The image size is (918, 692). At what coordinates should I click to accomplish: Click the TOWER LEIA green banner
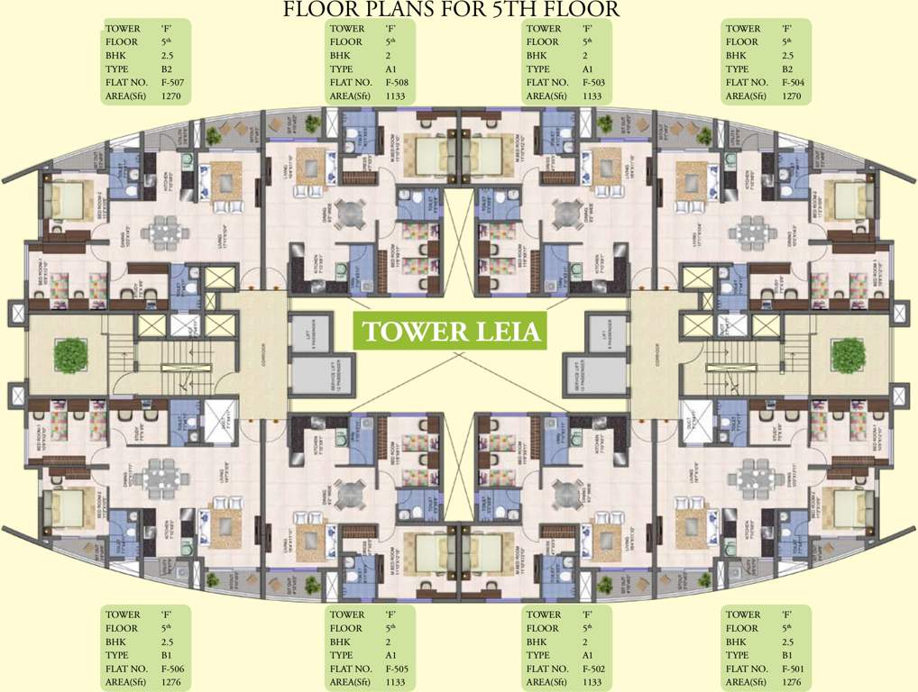pos(452,332)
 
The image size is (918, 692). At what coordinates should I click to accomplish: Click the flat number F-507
pos(174,82)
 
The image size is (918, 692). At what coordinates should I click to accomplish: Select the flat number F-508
pos(398,82)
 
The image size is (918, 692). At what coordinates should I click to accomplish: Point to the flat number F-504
pos(794,82)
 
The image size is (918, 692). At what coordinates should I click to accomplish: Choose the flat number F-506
pos(174,669)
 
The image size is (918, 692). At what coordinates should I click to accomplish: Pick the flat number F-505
pos(398,669)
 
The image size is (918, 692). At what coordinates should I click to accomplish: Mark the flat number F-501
pos(794,669)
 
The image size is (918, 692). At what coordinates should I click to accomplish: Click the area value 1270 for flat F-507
pos(171,96)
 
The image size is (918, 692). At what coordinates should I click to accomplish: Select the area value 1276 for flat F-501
pos(792,682)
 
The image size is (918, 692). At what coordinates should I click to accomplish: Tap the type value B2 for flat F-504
pos(787,68)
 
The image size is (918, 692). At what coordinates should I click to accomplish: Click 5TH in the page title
pos(508,10)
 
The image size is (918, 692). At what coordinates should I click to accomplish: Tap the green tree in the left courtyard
pos(69,354)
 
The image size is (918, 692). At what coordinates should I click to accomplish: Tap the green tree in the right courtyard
pos(848,354)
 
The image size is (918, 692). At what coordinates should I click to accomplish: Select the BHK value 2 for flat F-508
pos(389,55)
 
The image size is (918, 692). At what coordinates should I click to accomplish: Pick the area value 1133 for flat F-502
pos(592,682)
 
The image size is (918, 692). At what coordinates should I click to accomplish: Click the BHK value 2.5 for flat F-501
pos(789,642)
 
